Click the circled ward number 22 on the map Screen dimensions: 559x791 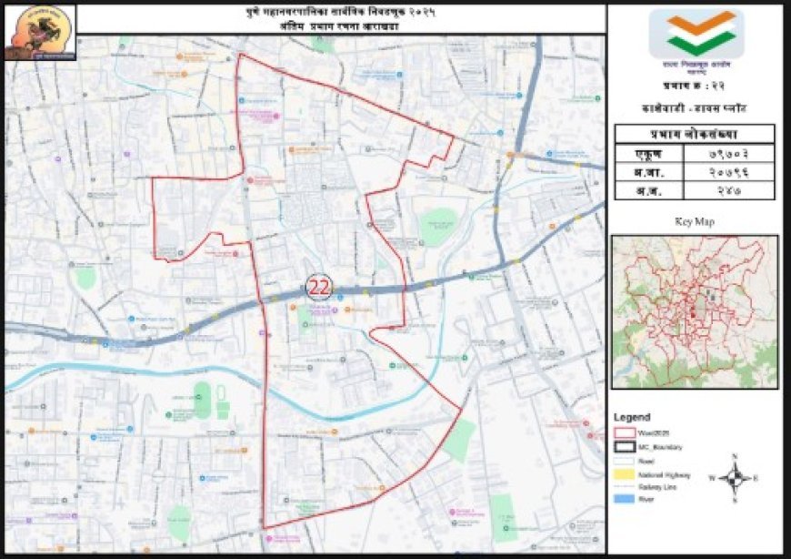[319, 287]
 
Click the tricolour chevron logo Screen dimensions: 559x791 [696, 33]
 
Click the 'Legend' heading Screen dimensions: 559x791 [632, 417]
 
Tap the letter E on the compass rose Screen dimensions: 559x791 [756, 477]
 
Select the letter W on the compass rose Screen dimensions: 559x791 [713, 477]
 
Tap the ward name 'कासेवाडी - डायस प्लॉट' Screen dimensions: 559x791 [695, 107]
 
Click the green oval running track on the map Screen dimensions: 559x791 [202, 401]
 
